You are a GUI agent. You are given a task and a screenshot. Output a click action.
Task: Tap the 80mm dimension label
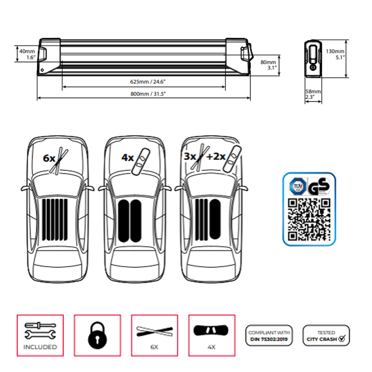(268, 62)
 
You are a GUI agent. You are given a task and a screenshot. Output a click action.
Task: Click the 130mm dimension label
(335, 51)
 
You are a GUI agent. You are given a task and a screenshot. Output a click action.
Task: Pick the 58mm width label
(313, 92)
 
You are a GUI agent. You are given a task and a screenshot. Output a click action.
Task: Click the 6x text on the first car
(49, 159)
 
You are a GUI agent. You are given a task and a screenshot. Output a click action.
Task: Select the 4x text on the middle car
(128, 158)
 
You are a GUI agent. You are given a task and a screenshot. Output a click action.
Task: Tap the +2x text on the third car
(215, 157)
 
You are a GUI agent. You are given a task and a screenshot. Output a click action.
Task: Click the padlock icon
(98, 334)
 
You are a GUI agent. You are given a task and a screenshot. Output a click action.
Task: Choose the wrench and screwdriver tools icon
(40, 331)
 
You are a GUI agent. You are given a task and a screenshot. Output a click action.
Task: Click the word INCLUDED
(40, 347)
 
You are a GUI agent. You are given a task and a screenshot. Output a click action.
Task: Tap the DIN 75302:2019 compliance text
(269, 339)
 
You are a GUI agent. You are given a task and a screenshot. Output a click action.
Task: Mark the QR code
(309, 219)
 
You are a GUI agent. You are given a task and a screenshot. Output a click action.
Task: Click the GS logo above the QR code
(319, 186)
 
